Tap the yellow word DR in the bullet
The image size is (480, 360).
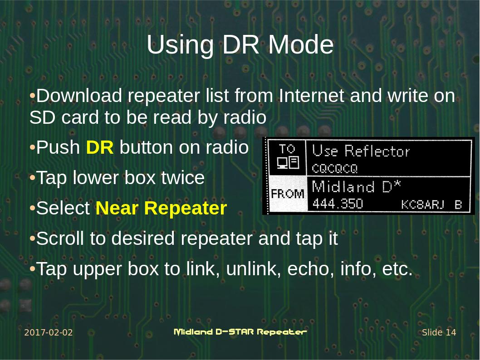coord(100,148)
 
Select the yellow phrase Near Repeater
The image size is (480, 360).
coord(161,209)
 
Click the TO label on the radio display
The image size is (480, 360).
coord(287,149)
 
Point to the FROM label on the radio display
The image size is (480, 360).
coord(287,194)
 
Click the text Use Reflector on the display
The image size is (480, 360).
coord(361,151)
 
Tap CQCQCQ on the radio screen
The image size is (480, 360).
coord(335,169)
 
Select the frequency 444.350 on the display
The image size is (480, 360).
coord(338,204)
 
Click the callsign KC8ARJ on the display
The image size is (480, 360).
coord(423,204)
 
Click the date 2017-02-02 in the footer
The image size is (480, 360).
coord(48,333)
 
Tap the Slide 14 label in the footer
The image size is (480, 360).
coord(439,333)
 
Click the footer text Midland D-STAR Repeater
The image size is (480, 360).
coord(240,332)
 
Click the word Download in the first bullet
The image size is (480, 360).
coord(79,96)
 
